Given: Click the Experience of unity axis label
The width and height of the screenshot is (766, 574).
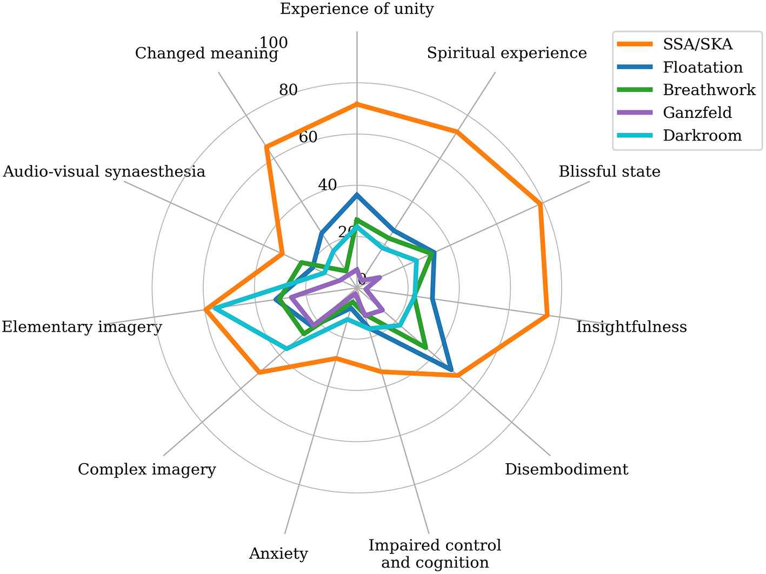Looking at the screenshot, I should click(x=357, y=9).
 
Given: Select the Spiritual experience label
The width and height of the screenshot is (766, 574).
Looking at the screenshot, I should click(x=507, y=53).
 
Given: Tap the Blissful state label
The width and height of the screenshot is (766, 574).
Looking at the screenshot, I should click(x=609, y=171).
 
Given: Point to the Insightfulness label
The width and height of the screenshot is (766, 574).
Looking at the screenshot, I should click(x=631, y=327).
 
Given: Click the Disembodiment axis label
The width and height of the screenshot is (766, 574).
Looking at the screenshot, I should click(x=567, y=469).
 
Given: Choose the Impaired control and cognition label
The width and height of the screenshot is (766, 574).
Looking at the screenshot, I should click(x=435, y=553).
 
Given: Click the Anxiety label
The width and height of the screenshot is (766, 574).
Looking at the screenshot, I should click(x=278, y=553).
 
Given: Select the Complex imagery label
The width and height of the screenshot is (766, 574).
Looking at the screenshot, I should click(x=146, y=469).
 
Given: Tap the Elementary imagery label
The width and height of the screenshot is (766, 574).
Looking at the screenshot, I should click(x=82, y=327).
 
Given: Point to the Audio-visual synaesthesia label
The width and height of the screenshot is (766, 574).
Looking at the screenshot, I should click(x=104, y=171).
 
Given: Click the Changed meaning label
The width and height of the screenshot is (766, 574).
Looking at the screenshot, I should click(x=207, y=53).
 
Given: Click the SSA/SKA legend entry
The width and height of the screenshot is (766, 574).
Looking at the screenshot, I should click(x=697, y=44).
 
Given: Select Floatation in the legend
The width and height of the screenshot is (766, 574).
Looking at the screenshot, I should click(x=703, y=67).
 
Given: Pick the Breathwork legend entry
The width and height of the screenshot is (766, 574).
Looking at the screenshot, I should click(x=709, y=90).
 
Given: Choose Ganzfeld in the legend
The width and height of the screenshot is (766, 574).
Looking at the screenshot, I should click(x=697, y=113).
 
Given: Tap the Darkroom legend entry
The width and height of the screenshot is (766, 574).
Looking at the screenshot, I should click(x=702, y=135).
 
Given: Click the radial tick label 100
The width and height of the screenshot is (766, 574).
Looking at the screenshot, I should click(x=274, y=42).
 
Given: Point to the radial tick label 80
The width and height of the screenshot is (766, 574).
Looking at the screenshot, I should click(x=288, y=90).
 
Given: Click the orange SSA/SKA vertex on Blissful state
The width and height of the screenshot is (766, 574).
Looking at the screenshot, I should click(x=540, y=204).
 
